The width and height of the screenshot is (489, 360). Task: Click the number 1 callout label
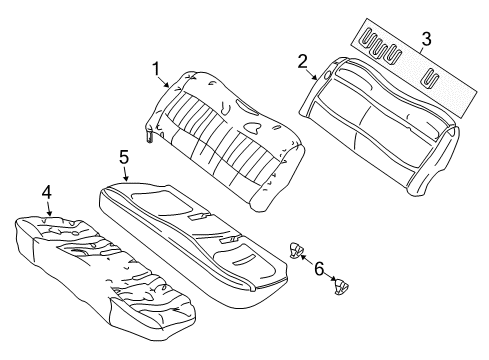click(155, 69)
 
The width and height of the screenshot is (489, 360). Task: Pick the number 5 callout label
click(123, 157)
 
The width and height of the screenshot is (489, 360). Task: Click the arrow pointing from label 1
click(165, 82)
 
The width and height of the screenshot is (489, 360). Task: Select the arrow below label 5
click(124, 174)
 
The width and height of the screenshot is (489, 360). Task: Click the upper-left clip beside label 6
click(296, 249)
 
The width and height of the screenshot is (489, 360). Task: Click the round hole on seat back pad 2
click(328, 74)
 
